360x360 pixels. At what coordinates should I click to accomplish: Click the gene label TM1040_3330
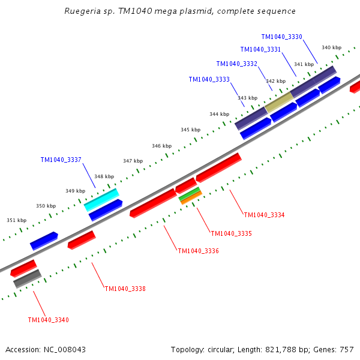tap(281, 37)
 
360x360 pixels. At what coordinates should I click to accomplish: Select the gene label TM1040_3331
tap(260, 50)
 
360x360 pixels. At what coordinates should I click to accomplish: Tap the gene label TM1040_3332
tap(236, 64)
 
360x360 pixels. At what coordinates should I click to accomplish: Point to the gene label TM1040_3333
tap(209, 80)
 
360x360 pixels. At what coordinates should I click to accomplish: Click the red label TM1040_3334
tap(264, 215)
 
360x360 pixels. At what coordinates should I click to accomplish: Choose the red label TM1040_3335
tap(231, 233)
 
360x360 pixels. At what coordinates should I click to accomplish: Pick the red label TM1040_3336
tap(198, 251)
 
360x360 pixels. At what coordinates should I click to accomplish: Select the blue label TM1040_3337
tap(61, 160)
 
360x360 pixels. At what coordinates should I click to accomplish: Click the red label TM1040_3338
tap(125, 289)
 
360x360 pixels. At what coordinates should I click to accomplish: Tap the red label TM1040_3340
tap(48, 320)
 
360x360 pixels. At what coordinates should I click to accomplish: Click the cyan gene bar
tap(101, 199)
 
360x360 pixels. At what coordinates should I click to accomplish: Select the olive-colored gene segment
tap(278, 101)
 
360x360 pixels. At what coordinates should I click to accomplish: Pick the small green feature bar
tap(189, 193)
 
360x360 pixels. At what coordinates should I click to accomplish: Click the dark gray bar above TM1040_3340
tap(27, 278)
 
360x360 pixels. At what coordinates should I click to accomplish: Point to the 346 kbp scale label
tap(161, 146)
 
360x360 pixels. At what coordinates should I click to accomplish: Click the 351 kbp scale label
tap(16, 220)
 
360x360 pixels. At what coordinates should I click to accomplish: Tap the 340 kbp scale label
tap(331, 47)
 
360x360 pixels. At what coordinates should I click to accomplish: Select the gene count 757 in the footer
tap(346, 349)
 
